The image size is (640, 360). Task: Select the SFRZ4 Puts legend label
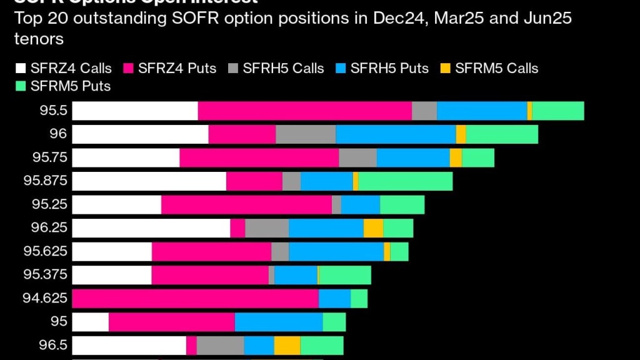point(177,68)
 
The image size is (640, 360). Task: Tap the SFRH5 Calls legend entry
point(283,68)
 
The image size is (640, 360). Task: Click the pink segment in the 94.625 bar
point(195,298)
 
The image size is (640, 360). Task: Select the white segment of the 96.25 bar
point(151,228)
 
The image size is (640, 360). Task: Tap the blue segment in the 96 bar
point(396,134)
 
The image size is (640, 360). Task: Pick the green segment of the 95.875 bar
point(405,181)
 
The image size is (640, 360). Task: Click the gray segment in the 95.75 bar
point(357,158)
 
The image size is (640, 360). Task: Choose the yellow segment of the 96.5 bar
point(287,345)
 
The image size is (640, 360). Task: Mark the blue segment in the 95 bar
point(279,322)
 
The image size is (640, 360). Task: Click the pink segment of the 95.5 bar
point(304,111)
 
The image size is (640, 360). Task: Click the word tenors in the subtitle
point(38,39)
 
